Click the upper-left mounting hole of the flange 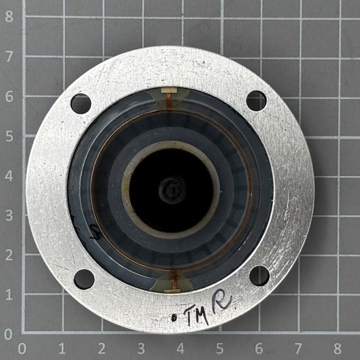81,103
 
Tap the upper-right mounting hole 257,101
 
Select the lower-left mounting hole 84,279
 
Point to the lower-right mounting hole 259,276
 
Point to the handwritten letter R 223,303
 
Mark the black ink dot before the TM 174,318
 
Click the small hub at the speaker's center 170,190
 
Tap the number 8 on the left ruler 9,17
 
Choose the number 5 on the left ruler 9,136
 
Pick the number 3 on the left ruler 9,215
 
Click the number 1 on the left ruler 9,295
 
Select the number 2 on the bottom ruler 101,347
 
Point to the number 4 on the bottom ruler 180,347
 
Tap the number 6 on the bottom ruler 259,347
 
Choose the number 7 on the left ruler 9,57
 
